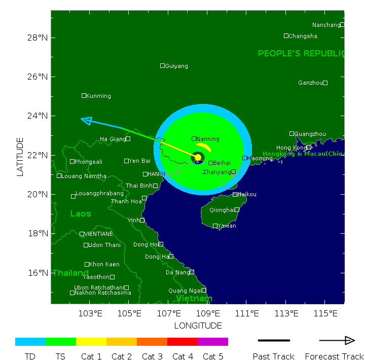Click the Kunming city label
[98, 96]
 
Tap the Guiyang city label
[176, 66]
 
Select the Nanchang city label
[326, 25]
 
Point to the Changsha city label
[303, 36]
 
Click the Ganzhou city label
[310, 83]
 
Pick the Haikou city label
[247, 194]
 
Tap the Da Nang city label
[177, 272]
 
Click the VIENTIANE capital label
[98, 234]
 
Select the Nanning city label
[207, 139]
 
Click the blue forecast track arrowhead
[86, 120]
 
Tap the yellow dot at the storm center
[198, 157]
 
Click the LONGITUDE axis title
[198, 326]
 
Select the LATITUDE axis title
[20, 156]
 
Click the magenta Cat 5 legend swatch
[213, 342]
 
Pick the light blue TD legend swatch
[30, 342]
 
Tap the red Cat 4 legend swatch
[182, 342]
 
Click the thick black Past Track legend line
[274, 340]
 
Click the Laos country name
[81, 213]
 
